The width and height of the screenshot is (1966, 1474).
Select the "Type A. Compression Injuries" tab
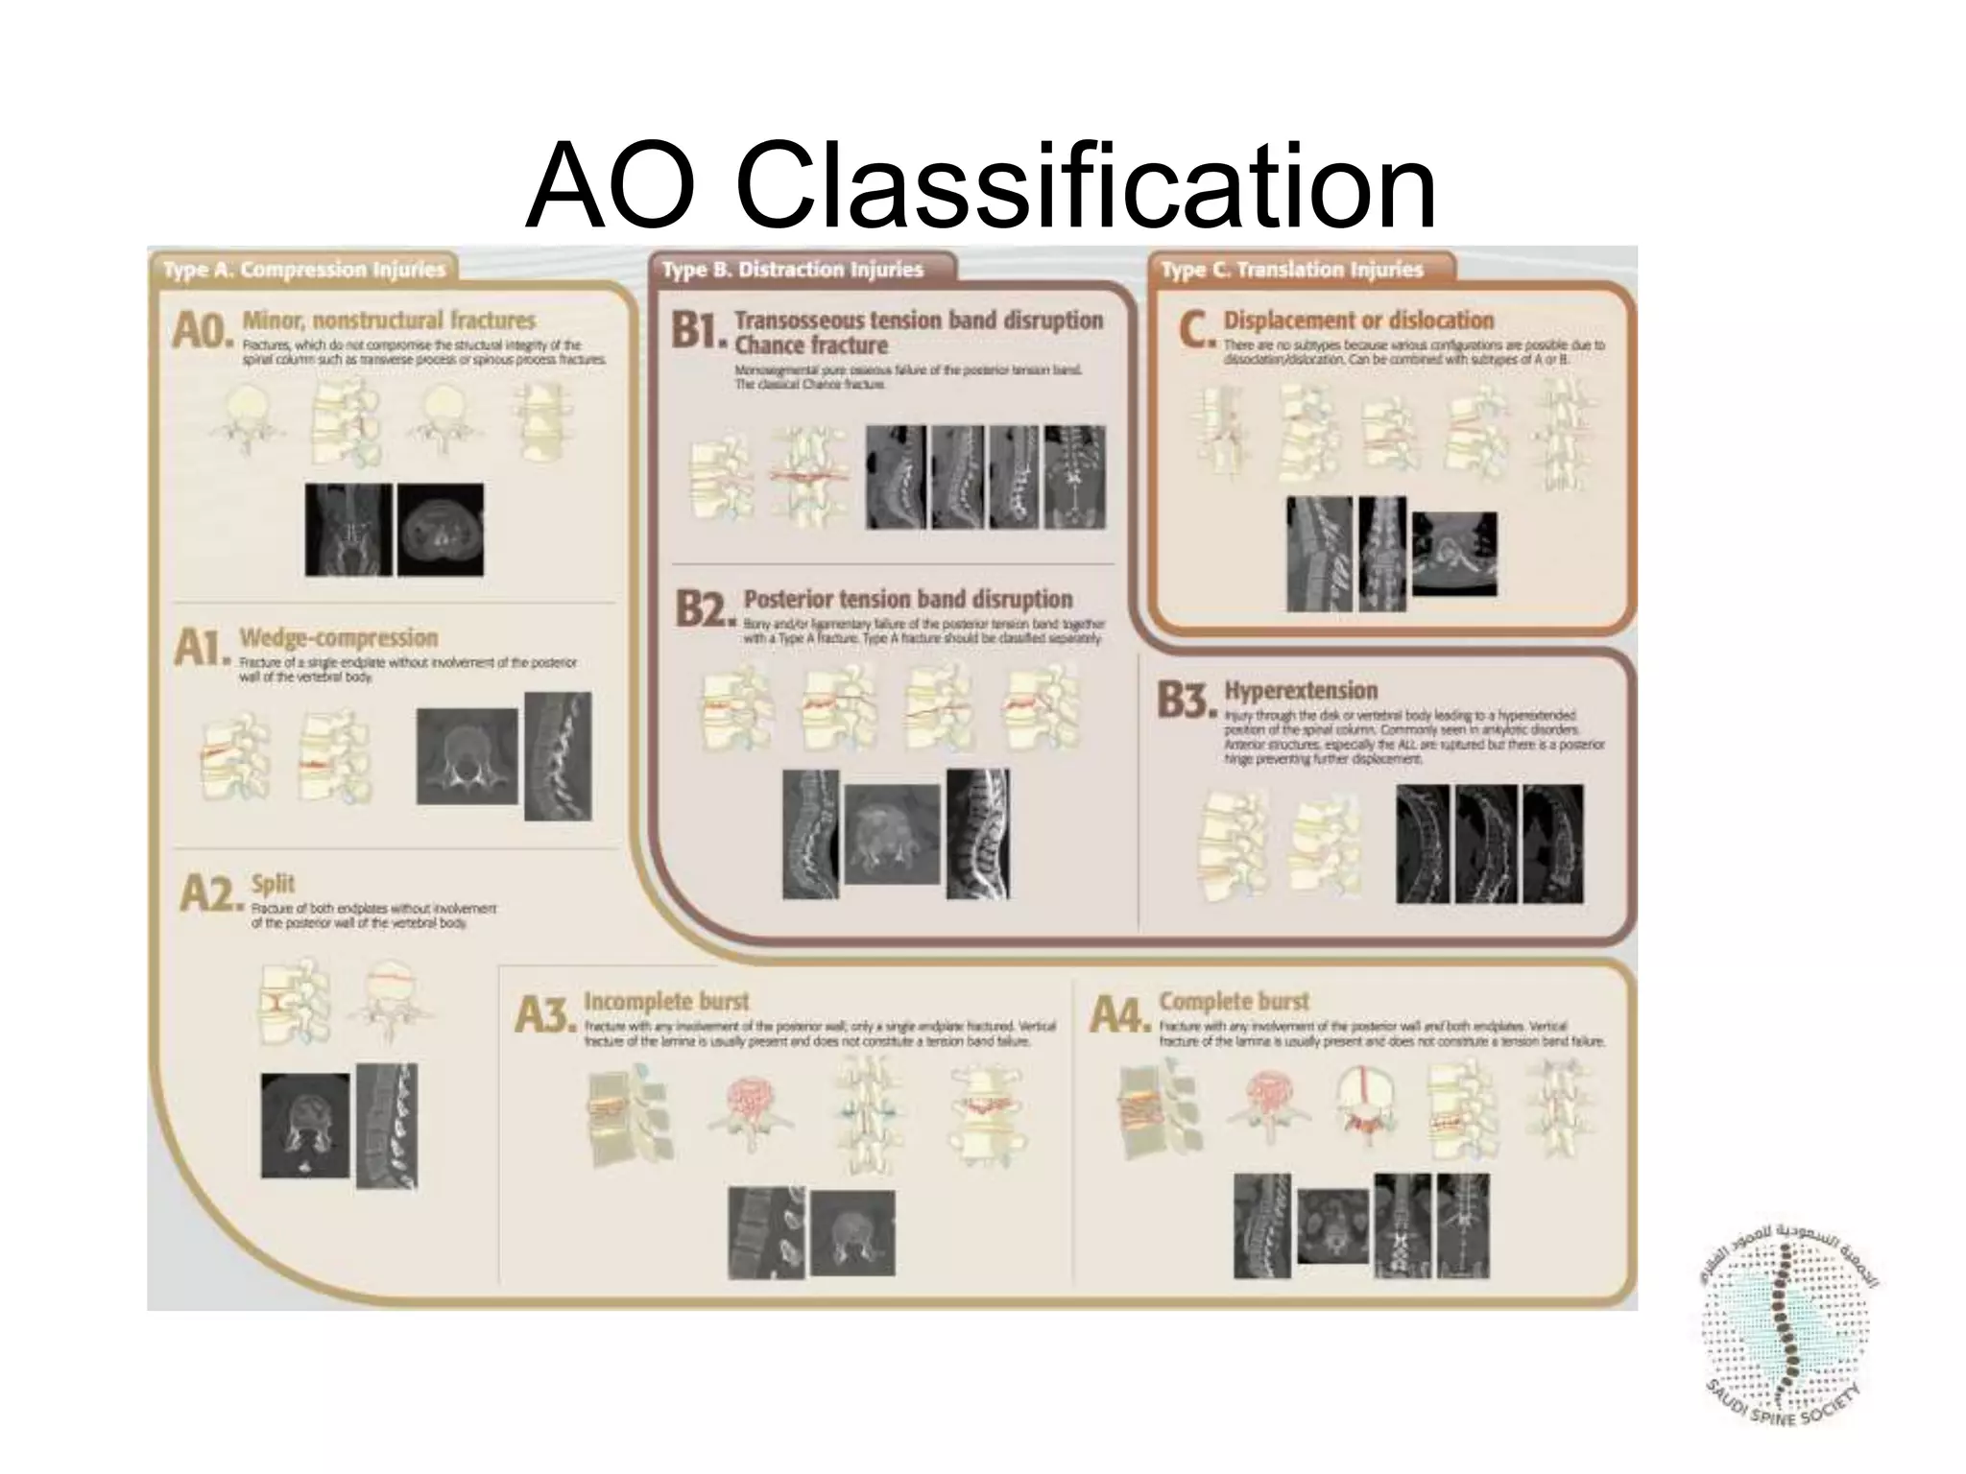click(x=304, y=270)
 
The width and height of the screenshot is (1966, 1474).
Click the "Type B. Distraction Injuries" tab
click(x=792, y=270)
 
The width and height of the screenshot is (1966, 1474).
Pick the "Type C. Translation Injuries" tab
click(x=1291, y=270)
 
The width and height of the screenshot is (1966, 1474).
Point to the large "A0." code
click(x=202, y=331)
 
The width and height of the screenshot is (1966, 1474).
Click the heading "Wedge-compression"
click(x=338, y=638)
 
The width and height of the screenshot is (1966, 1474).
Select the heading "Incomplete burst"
click(x=665, y=1001)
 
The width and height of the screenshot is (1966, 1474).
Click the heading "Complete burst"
click(x=1234, y=1001)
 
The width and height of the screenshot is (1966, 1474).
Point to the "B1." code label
click(x=699, y=330)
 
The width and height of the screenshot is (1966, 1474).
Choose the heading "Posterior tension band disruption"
click(x=908, y=600)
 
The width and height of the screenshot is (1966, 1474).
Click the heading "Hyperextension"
click(x=1300, y=690)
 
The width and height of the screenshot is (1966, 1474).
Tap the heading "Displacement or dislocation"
click(x=1358, y=320)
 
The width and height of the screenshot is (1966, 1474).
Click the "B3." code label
click(x=1187, y=701)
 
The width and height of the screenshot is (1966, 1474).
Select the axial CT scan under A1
click(x=467, y=756)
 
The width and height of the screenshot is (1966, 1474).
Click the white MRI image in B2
click(x=977, y=834)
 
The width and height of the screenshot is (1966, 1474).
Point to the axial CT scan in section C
click(x=1453, y=554)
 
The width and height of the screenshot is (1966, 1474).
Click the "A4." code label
click(x=1119, y=1014)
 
